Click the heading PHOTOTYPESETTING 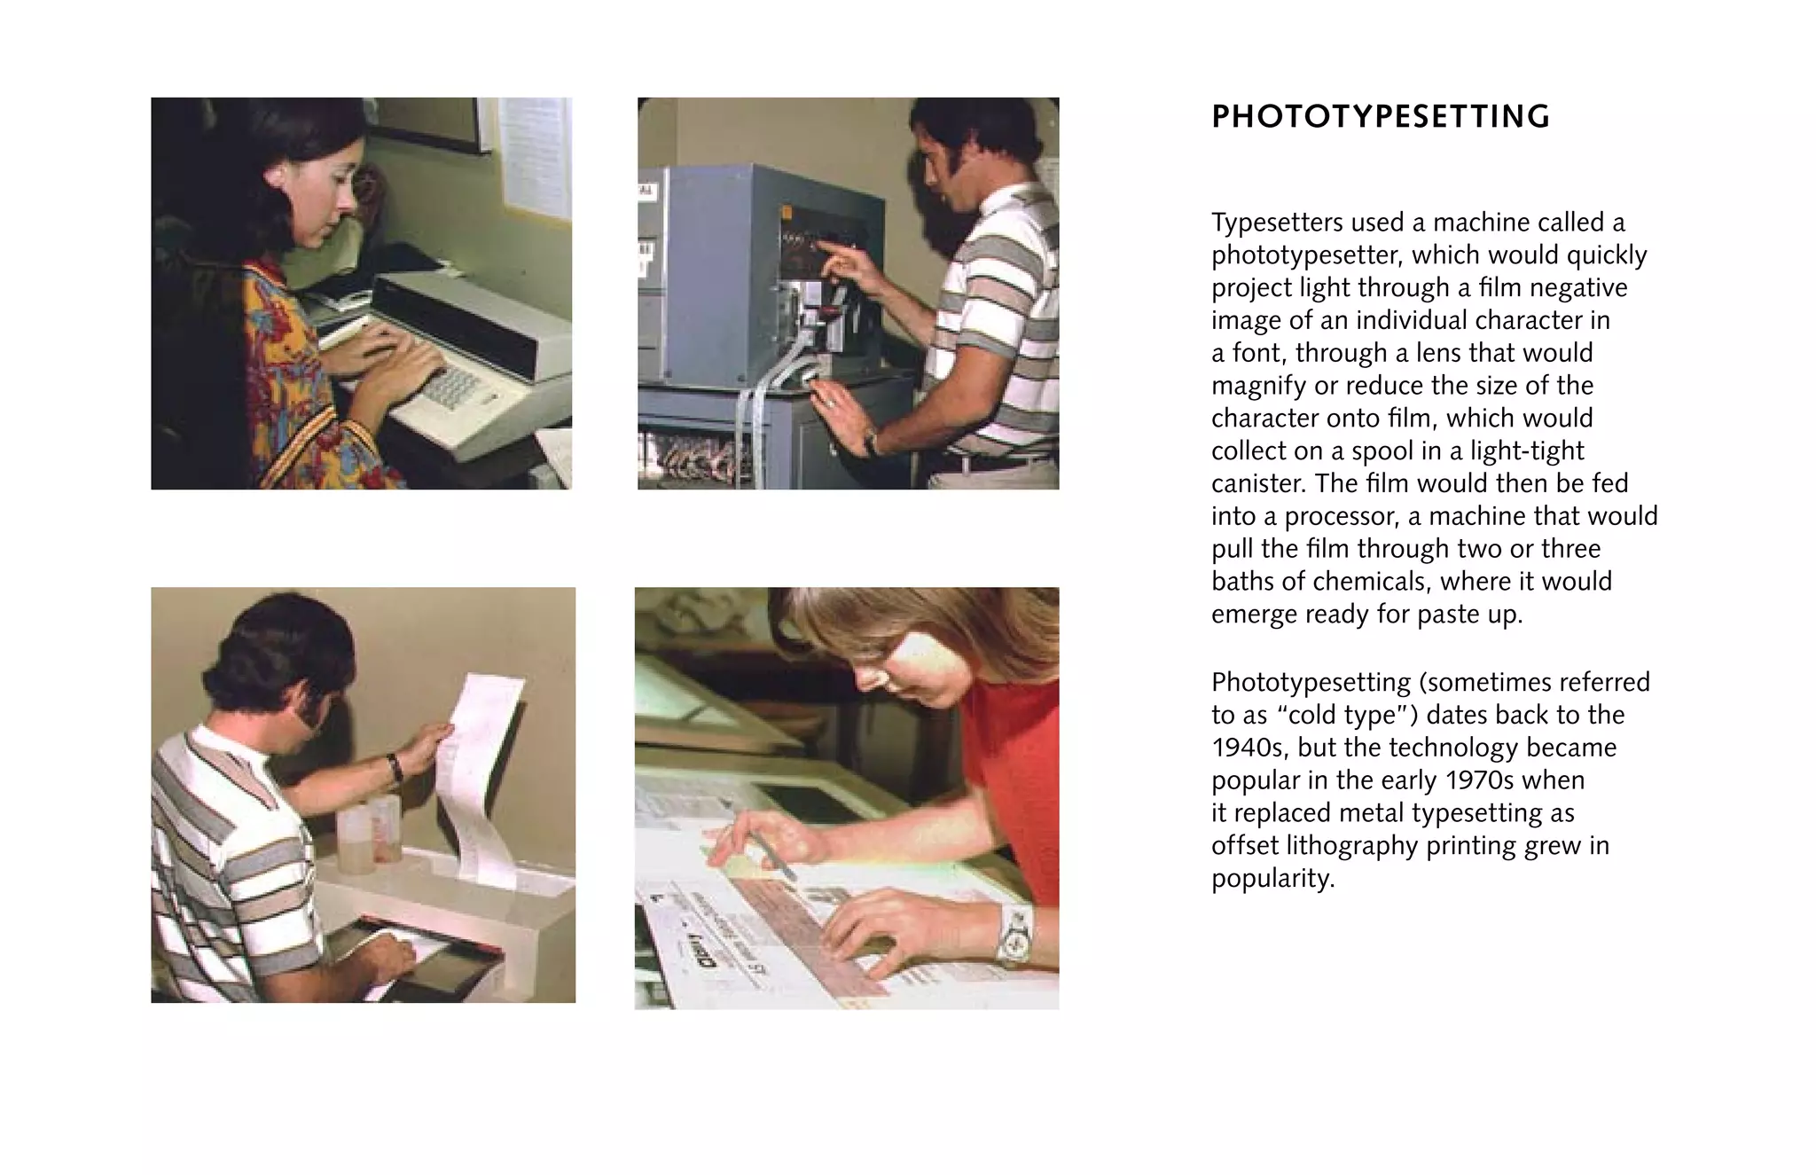coord(1380,117)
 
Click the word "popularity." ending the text coord(1272,879)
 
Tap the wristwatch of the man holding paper coord(395,766)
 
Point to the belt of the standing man coord(993,462)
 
